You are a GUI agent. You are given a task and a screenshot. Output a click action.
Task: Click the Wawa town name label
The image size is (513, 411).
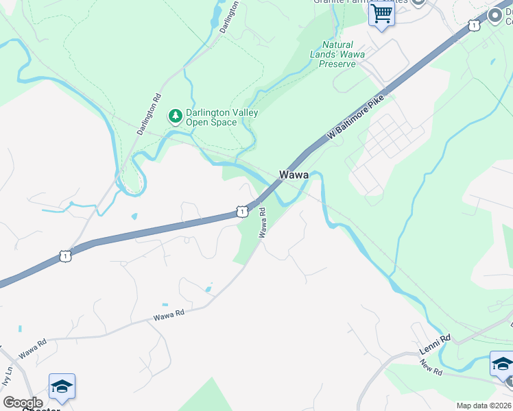click(294, 175)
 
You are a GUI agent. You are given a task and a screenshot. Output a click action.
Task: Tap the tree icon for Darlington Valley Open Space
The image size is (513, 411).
click(176, 116)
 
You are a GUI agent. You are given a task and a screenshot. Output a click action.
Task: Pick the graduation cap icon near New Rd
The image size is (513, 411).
click(501, 363)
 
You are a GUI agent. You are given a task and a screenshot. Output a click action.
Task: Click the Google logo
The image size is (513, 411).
click(22, 403)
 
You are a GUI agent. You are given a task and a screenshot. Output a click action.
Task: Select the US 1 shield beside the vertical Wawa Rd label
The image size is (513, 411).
click(241, 212)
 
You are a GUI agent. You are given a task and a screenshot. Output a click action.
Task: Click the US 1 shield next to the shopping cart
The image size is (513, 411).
click(474, 25)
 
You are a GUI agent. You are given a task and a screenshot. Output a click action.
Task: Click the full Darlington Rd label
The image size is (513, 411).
click(149, 114)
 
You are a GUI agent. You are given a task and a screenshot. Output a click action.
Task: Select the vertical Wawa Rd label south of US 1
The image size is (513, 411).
click(263, 224)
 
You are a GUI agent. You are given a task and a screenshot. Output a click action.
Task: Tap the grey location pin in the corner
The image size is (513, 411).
click(494, 15)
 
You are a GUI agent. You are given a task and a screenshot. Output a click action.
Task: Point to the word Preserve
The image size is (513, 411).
click(339, 64)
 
